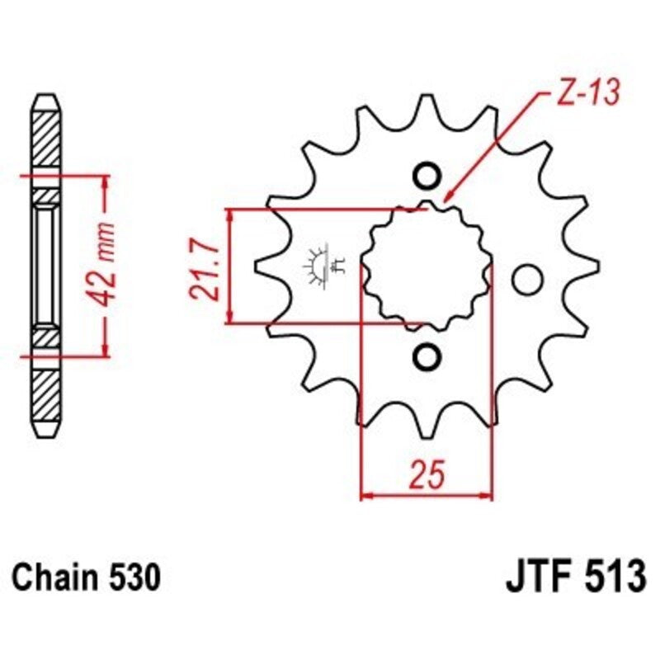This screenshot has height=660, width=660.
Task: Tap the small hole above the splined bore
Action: point(427,176)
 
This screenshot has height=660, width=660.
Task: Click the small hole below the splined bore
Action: point(427,356)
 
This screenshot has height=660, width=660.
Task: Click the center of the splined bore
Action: point(427,266)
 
